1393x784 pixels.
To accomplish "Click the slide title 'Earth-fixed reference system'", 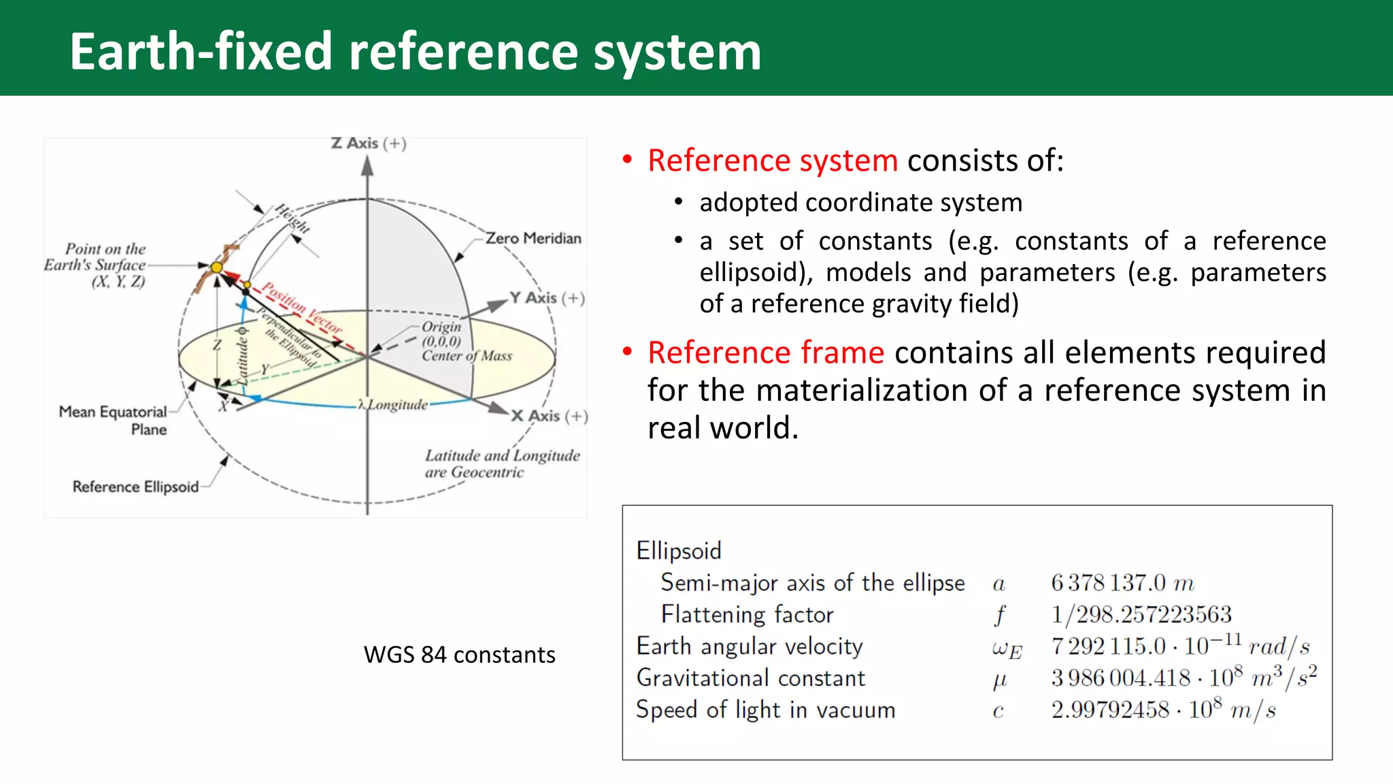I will [x=415, y=52].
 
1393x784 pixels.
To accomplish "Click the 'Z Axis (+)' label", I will [x=368, y=144].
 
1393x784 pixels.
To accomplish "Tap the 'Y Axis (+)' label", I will [x=547, y=298].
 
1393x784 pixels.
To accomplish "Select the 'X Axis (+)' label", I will [x=549, y=416].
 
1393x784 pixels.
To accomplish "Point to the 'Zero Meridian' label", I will [x=533, y=238].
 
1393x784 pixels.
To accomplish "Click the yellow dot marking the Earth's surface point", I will [x=216, y=267].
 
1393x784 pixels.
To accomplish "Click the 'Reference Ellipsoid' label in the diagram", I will [x=135, y=487].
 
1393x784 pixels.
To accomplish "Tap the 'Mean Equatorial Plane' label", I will [x=113, y=420].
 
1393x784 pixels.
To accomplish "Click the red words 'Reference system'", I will [x=773, y=161].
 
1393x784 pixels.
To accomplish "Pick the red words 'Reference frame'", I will [x=766, y=353].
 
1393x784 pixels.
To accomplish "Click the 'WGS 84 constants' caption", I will [x=459, y=655].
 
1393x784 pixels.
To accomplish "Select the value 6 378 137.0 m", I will [x=1122, y=583].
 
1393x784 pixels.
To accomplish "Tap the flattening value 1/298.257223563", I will [x=1141, y=615].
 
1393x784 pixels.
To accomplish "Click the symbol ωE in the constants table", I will [x=1007, y=648].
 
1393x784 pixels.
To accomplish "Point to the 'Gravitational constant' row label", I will [x=750, y=678].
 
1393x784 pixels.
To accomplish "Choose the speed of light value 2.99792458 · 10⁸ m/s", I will [x=1163, y=710].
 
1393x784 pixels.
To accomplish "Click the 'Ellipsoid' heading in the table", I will [x=678, y=551].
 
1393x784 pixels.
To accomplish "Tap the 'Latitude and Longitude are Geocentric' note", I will [x=502, y=463].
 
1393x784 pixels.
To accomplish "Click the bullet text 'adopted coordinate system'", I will [x=860, y=203].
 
